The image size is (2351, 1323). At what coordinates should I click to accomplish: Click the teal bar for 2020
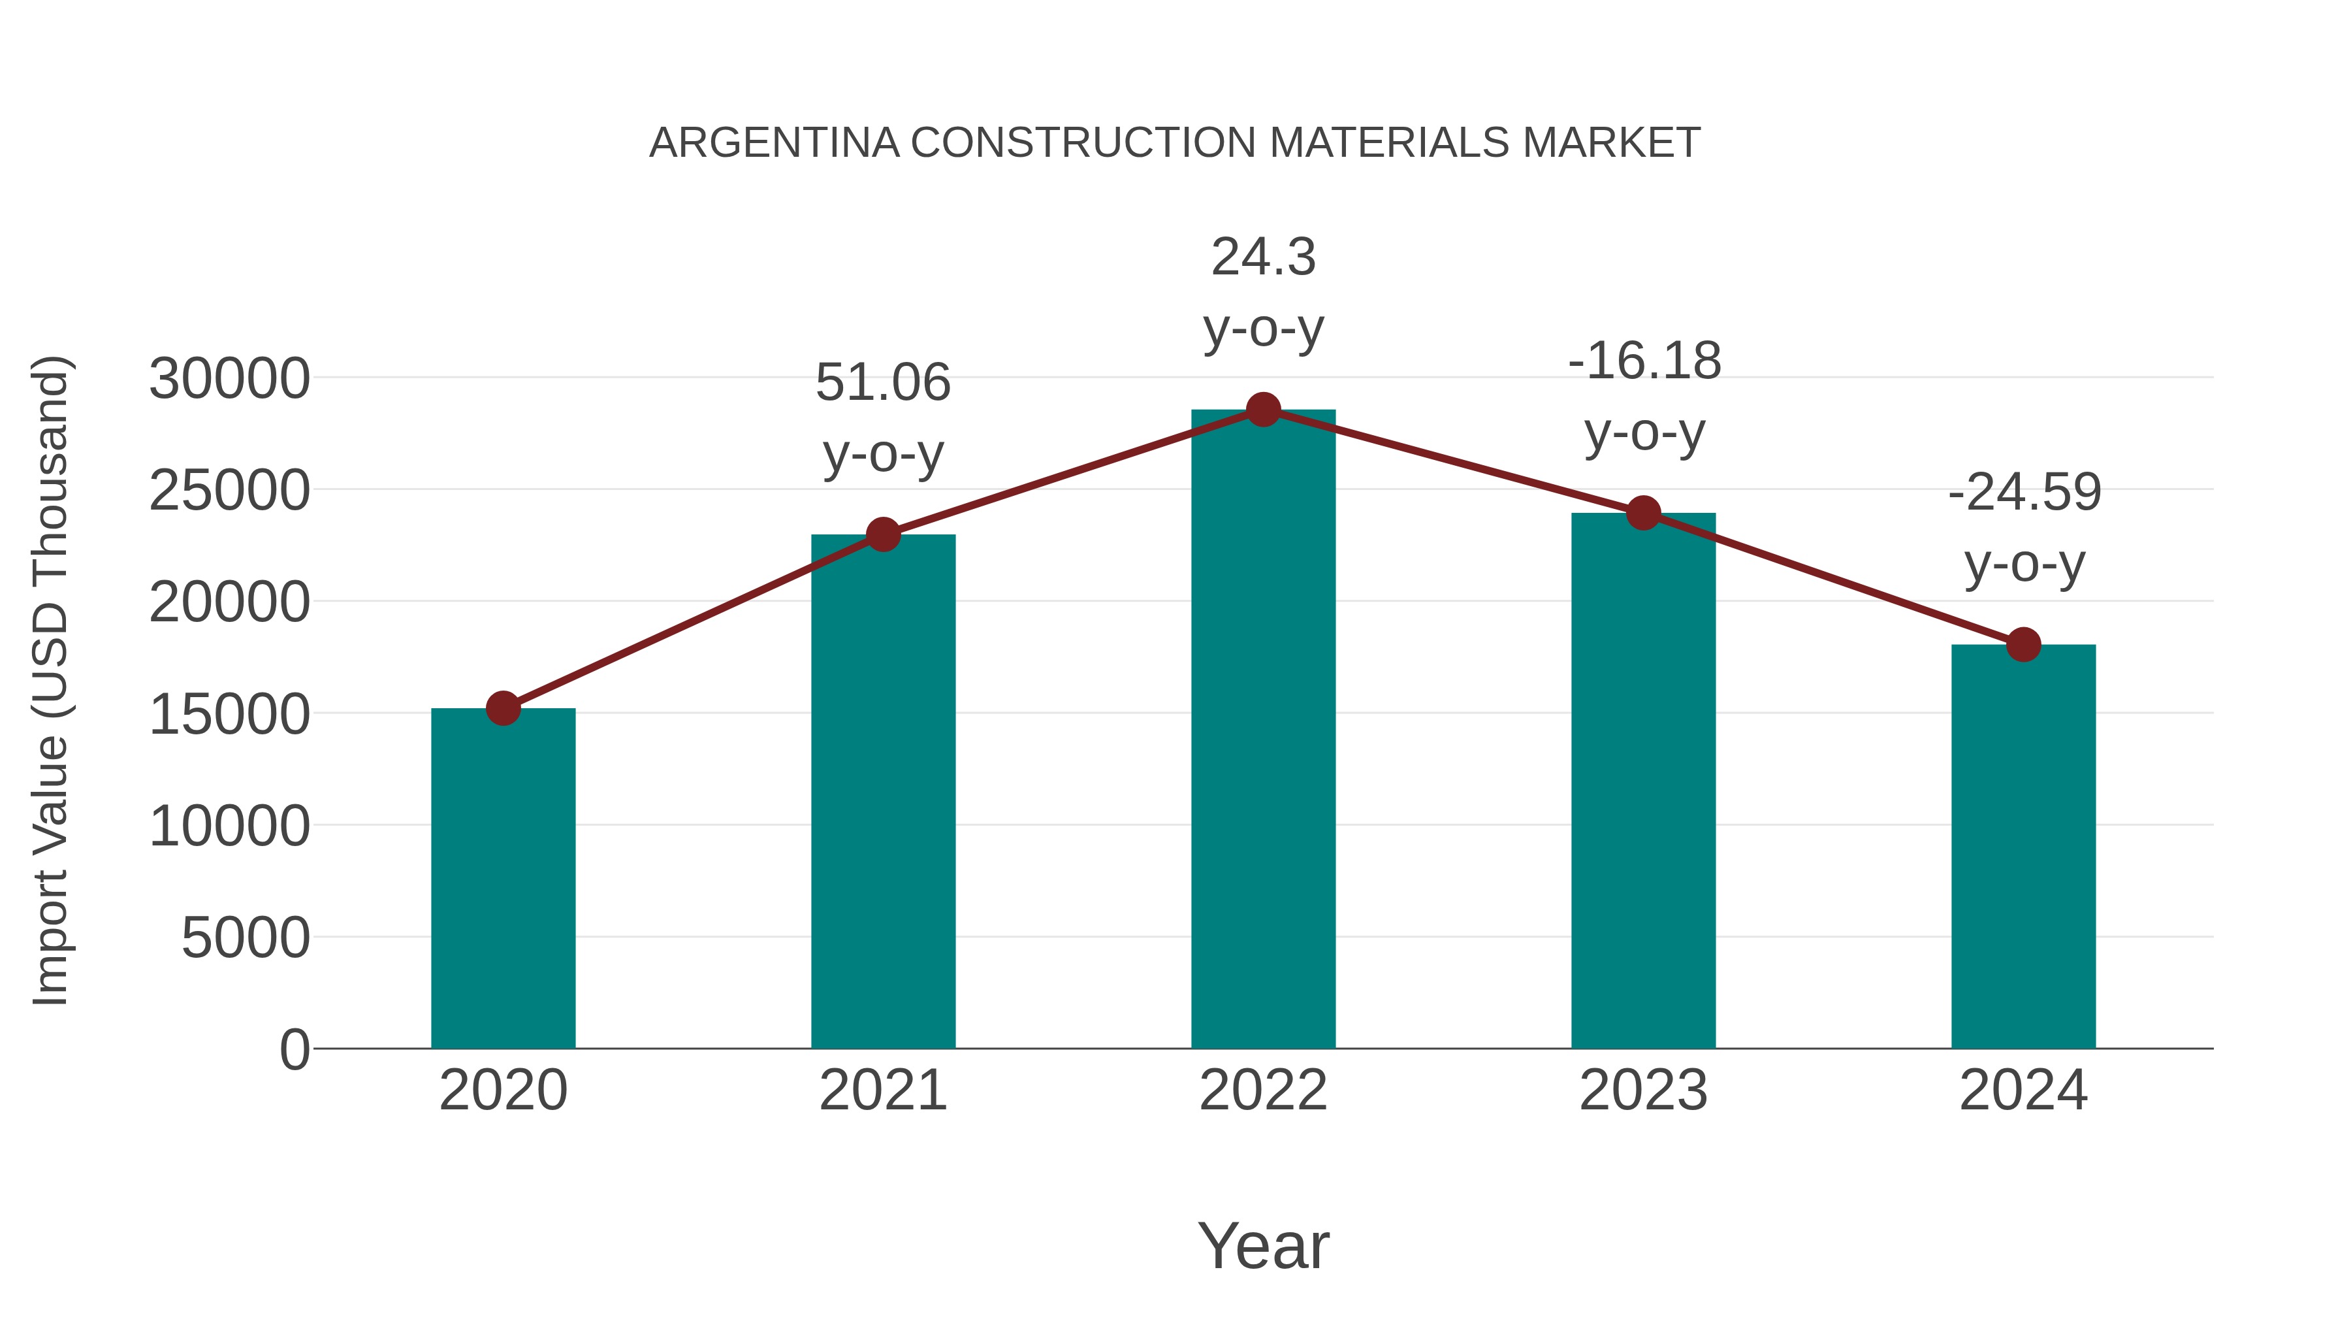[x=503, y=877]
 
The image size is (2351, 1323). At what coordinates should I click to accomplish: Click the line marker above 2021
[x=884, y=534]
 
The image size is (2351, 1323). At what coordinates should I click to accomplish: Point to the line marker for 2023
[x=1643, y=513]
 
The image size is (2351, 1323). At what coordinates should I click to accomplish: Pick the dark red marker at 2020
[x=503, y=708]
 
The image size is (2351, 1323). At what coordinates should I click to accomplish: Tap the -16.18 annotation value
[x=1644, y=361]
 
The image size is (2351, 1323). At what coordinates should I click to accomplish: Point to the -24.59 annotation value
[x=2024, y=493]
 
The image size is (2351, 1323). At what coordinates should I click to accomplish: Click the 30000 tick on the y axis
[x=229, y=379]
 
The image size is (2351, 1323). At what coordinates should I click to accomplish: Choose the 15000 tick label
[x=229, y=714]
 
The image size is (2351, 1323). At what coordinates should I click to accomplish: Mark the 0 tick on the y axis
[x=294, y=1050]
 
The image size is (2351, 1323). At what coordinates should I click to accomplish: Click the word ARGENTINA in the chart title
[x=774, y=143]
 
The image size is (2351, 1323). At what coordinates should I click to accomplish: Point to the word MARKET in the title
[x=1611, y=143]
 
